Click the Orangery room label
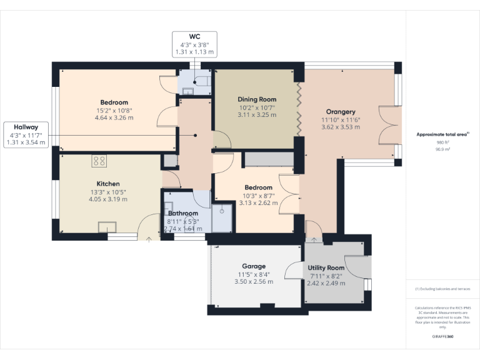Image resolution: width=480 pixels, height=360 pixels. (x=341, y=112)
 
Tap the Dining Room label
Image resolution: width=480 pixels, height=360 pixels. (x=256, y=99)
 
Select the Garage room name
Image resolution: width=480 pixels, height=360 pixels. (x=254, y=266)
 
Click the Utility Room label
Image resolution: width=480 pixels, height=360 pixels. (x=326, y=268)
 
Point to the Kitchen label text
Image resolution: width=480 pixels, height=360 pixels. (x=107, y=184)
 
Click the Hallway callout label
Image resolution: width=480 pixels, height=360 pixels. (x=24, y=126)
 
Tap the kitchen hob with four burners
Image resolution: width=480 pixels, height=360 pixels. (x=99, y=161)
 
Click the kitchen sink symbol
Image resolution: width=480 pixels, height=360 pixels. (x=106, y=227)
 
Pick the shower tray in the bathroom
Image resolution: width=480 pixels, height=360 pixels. (x=221, y=217)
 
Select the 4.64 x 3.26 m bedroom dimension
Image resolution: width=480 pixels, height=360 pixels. (x=114, y=117)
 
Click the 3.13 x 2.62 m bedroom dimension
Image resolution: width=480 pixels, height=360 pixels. (x=258, y=202)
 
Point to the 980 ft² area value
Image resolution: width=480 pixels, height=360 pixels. (x=442, y=143)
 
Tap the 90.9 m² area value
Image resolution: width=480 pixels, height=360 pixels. (x=442, y=150)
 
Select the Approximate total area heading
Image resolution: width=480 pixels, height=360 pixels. (x=441, y=134)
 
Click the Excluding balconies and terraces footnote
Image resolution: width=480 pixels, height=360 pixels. (x=442, y=289)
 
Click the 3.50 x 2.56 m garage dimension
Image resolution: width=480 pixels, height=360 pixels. (x=254, y=282)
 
